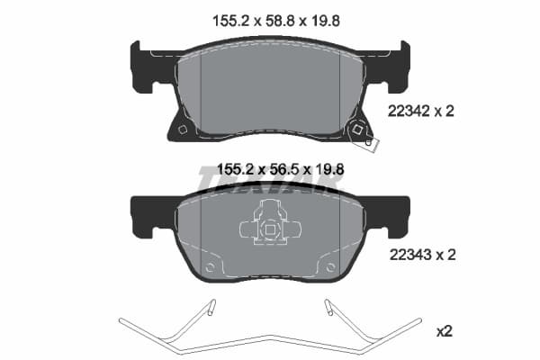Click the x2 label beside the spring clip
coord(444,331)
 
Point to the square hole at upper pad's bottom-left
coord(183,129)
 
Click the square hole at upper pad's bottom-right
coord(357,129)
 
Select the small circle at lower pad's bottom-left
coord(211,267)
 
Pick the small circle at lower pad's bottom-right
coord(329,267)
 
